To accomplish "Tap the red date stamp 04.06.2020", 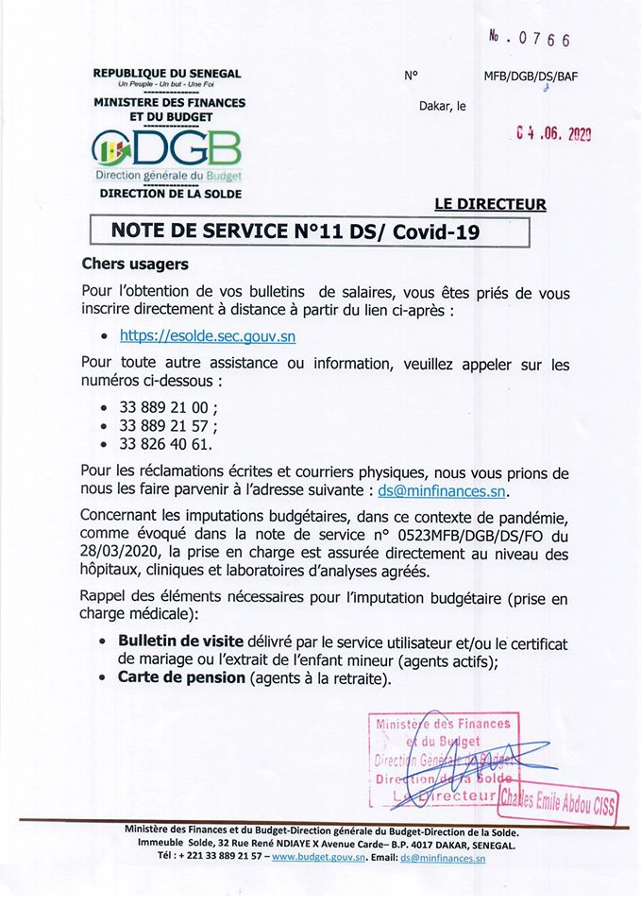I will click(x=553, y=135).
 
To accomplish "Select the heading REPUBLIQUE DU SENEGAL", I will click(x=167, y=73).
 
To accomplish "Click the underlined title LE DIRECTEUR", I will click(x=490, y=203).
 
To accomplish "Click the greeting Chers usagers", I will click(x=135, y=264).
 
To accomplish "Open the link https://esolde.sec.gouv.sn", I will click(x=200, y=334).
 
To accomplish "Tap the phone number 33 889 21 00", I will click(x=169, y=406).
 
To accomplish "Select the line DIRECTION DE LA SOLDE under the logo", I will click(x=171, y=194).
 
